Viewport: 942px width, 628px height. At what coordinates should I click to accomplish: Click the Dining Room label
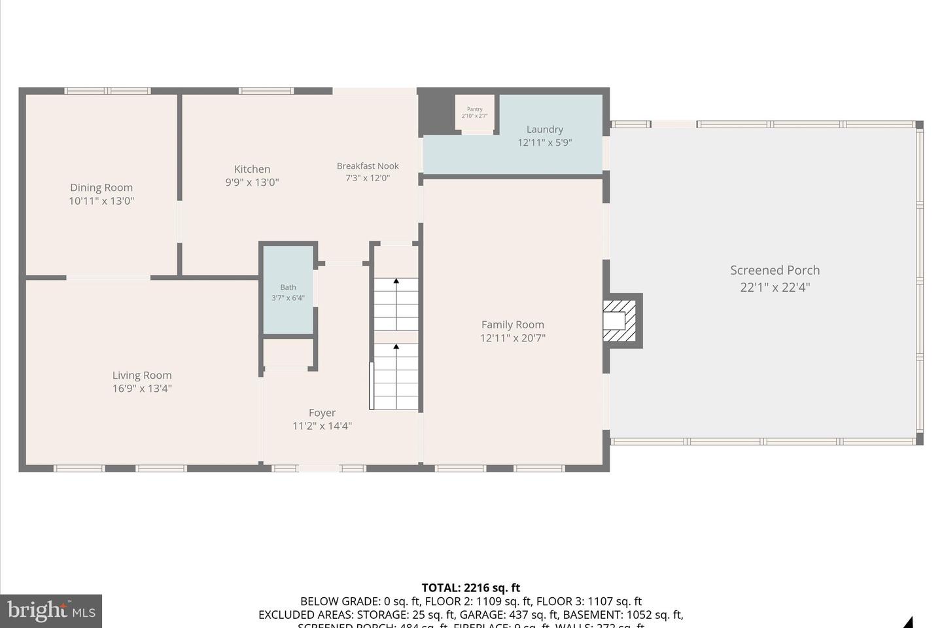click(101, 188)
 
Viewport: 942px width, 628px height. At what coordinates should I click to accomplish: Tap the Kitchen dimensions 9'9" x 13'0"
click(252, 183)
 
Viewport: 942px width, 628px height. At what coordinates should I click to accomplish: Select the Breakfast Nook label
click(368, 166)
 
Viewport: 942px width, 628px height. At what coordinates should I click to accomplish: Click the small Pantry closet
click(475, 113)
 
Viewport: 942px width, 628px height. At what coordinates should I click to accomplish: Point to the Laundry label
click(544, 130)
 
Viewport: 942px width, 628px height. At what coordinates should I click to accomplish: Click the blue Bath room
click(288, 292)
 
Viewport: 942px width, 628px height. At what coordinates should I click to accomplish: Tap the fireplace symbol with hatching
click(619, 321)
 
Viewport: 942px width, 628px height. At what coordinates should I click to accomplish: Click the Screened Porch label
click(775, 270)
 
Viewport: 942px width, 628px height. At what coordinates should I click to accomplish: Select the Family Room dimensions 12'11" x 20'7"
click(512, 338)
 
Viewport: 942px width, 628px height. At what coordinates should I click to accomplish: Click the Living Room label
click(142, 375)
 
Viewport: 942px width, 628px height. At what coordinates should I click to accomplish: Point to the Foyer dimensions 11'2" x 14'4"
click(322, 426)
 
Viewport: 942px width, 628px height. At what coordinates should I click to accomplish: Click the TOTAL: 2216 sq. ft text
click(470, 587)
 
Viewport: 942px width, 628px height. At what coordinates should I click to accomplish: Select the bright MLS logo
click(51, 611)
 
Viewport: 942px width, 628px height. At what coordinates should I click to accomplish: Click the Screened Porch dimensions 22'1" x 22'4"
click(775, 287)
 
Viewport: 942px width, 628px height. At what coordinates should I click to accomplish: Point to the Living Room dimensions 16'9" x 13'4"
click(142, 389)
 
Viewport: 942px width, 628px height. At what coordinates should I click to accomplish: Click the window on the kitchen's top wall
click(266, 91)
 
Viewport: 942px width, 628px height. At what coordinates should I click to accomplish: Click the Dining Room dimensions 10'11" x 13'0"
click(101, 201)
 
